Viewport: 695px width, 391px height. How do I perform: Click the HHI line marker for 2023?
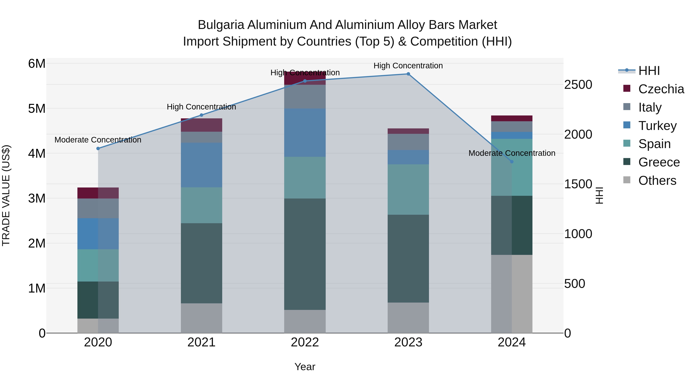tap(408, 74)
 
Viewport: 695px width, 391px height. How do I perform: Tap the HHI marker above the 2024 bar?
tap(512, 162)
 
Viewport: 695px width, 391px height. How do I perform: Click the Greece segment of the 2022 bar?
tap(305, 254)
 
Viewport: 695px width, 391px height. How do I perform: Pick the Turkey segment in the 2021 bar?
tap(201, 165)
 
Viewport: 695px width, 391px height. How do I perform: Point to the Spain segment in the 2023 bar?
tap(408, 189)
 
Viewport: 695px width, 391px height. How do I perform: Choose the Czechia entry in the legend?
tap(661, 89)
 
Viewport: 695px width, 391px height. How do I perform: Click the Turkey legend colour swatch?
tap(627, 125)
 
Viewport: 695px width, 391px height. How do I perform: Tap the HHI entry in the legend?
tap(649, 71)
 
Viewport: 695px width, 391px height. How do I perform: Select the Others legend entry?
tap(657, 181)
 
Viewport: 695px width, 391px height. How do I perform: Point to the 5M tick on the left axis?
tap(37, 109)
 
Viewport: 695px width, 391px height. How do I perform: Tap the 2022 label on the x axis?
tap(305, 342)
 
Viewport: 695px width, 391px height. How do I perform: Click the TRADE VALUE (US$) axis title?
tap(6, 195)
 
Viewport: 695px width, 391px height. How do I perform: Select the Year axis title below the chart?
tap(305, 367)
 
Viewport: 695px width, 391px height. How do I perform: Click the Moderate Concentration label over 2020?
tap(98, 140)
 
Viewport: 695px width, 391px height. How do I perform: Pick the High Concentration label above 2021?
tap(201, 107)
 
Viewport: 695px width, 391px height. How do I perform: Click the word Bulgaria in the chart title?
tap(221, 25)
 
